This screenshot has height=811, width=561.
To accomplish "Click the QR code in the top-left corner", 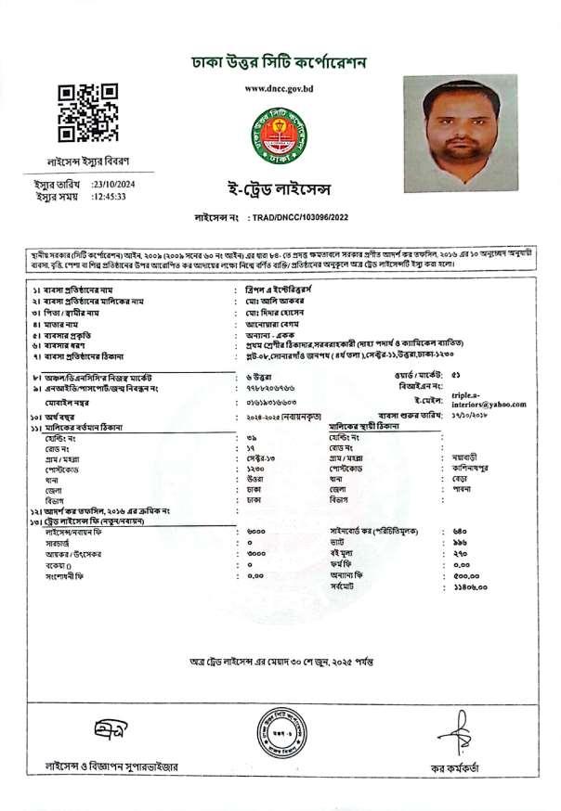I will click(x=88, y=113).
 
